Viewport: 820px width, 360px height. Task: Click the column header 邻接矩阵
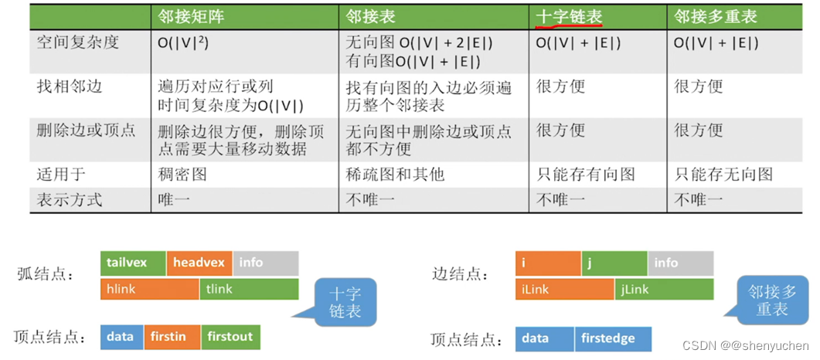(x=191, y=16)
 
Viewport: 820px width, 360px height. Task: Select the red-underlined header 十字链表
(x=569, y=16)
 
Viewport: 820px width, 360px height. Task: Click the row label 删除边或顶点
(x=86, y=130)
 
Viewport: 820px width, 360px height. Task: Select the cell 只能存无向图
(x=723, y=174)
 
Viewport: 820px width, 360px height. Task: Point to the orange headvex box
(x=199, y=263)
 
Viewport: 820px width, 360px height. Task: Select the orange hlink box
(x=149, y=290)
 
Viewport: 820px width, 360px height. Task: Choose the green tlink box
(x=248, y=290)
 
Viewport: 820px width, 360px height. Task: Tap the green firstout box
(x=230, y=338)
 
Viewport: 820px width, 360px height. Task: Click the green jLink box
(x=664, y=290)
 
